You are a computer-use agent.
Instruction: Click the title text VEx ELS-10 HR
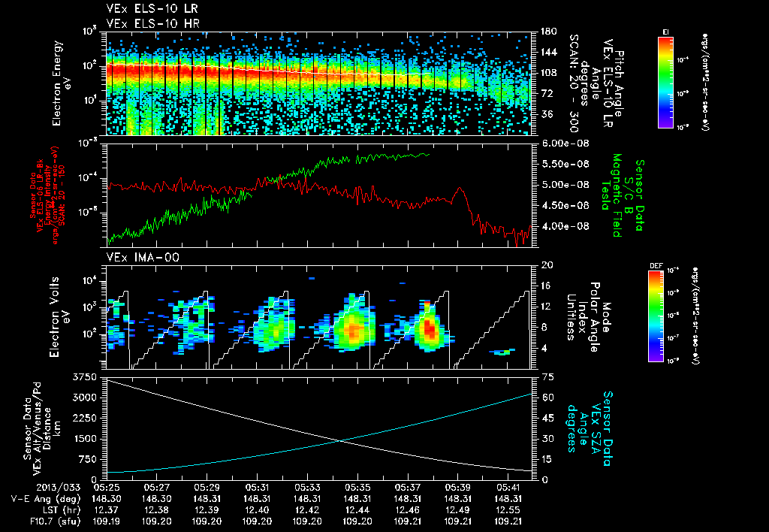[x=146, y=23]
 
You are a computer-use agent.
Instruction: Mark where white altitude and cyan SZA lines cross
[x=342, y=440]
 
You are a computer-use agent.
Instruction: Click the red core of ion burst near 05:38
[x=430, y=328]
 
